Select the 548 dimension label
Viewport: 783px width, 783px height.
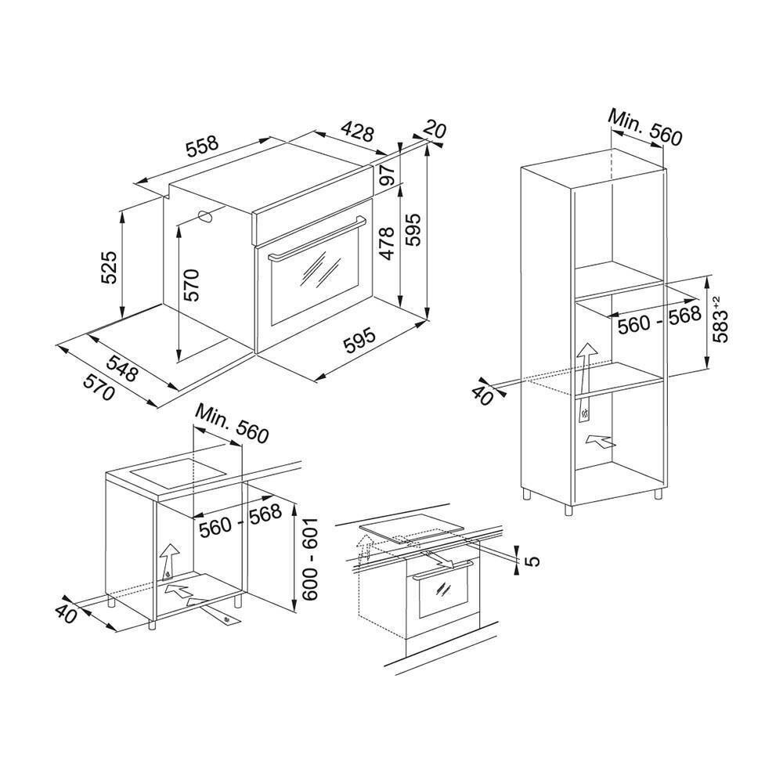(121, 367)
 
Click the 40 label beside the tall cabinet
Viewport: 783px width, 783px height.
(482, 394)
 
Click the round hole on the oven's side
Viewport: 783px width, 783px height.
(207, 217)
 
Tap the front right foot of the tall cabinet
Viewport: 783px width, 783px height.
(656, 494)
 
